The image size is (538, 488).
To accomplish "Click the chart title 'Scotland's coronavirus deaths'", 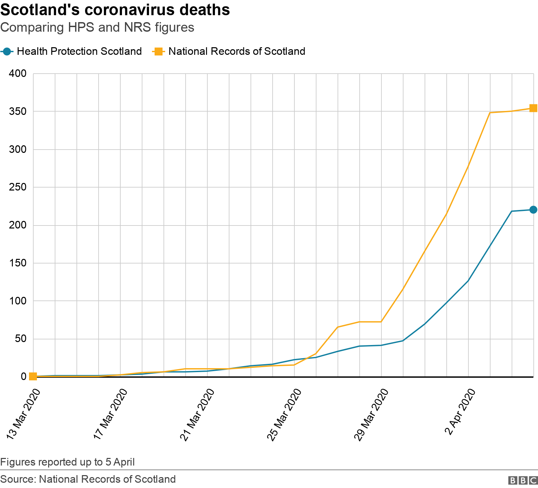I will pos(115,10).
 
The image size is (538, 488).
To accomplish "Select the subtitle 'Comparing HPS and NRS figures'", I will pos(97,27).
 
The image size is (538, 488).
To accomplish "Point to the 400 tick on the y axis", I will pos(18,73).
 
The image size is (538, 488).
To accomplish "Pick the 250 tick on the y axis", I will pos(18,187).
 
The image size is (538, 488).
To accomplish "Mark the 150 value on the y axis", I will pos(18,263).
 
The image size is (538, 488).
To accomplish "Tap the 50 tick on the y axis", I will pos(20,339).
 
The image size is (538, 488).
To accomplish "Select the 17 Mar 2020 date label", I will pos(110,414).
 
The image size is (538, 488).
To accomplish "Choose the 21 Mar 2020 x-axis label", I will pos(197,414).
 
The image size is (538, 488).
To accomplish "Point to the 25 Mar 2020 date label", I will pos(284,414).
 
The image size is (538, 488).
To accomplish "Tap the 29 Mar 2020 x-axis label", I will pos(371,414).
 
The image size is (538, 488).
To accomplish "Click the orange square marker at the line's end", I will pos(533,108).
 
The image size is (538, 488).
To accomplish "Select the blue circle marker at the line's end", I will pos(533,210).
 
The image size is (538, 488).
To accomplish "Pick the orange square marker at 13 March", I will pos(33,376).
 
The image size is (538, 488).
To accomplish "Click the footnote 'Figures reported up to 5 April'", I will pos(68,462).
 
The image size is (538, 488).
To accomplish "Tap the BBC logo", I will pos(523,480).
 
